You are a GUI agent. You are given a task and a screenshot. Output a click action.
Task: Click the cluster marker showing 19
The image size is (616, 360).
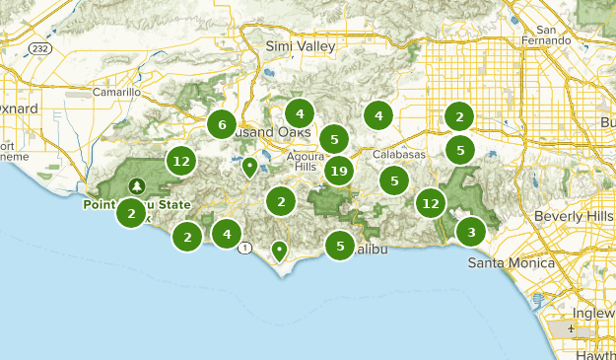(338, 171)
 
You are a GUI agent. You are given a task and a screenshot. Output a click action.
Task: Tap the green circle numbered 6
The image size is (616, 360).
(222, 124)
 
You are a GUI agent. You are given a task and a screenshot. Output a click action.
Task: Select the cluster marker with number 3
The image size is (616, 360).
(471, 232)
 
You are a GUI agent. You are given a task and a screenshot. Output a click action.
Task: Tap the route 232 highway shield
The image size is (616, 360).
(39, 46)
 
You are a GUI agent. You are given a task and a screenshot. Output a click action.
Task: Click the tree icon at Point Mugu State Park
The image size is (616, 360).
(136, 185)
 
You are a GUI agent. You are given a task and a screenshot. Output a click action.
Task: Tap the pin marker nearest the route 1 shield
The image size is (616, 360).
(280, 250)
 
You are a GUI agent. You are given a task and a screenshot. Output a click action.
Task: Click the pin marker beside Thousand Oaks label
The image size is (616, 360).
(250, 166)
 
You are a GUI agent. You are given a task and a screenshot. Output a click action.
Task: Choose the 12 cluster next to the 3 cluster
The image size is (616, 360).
(430, 203)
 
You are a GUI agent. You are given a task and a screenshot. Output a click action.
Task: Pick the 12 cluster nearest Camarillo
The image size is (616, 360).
(180, 160)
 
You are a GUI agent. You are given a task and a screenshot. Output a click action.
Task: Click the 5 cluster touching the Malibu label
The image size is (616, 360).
(340, 246)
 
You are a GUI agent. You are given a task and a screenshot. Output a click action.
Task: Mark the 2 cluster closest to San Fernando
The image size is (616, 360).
(459, 116)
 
